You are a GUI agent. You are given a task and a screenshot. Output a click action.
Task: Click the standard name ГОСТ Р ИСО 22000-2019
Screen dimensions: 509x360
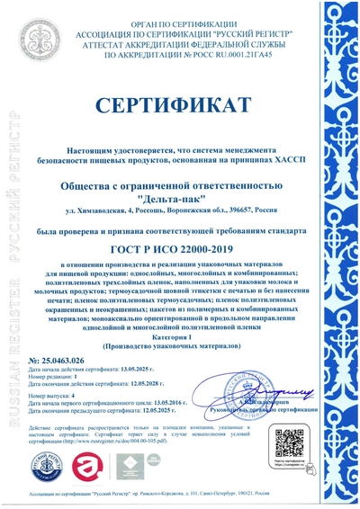[180, 248]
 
